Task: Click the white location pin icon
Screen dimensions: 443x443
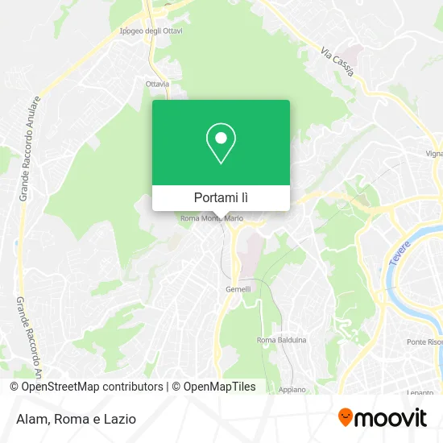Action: [x=221, y=143]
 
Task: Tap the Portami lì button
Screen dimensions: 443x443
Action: [x=221, y=197]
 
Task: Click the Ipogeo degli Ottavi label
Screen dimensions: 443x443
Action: [x=151, y=31]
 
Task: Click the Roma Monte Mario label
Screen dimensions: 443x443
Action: [x=212, y=218]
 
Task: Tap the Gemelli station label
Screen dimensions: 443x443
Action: [x=238, y=288]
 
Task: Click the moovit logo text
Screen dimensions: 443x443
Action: [x=392, y=418]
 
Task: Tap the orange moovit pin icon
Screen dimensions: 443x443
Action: [x=346, y=418]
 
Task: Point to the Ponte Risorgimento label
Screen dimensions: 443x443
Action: [x=424, y=342]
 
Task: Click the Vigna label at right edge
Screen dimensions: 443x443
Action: [x=434, y=152]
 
